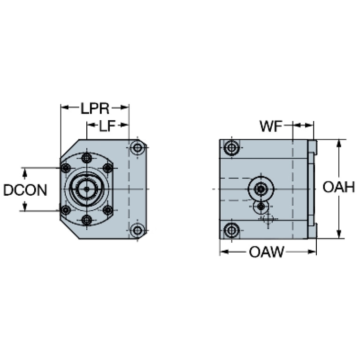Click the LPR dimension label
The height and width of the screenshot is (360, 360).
click(95, 108)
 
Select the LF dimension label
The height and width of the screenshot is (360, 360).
click(107, 126)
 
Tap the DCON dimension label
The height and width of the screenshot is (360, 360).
click(25, 190)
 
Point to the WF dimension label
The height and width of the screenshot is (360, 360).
click(271, 126)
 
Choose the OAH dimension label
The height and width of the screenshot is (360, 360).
click(339, 187)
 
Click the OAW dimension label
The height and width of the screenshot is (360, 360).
click(267, 252)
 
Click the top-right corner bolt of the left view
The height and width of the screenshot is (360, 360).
click(138, 148)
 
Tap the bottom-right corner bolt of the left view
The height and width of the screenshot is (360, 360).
click(138, 230)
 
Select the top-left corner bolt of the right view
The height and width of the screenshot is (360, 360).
click(232, 147)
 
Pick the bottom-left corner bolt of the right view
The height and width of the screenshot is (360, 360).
click(232, 230)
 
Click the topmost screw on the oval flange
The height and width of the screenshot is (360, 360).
click(87, 158)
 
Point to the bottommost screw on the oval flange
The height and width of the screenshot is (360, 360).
click(87, 220)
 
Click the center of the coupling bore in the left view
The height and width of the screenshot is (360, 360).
click(87, 189)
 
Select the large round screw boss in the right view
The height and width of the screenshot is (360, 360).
click(261, 189)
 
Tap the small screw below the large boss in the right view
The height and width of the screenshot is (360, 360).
click(261, 207)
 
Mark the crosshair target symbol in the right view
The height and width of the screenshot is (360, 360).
click(268, 219)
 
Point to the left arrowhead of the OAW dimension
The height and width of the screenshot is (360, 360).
click(224, 252)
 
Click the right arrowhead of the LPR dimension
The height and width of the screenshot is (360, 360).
click(124, 107)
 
